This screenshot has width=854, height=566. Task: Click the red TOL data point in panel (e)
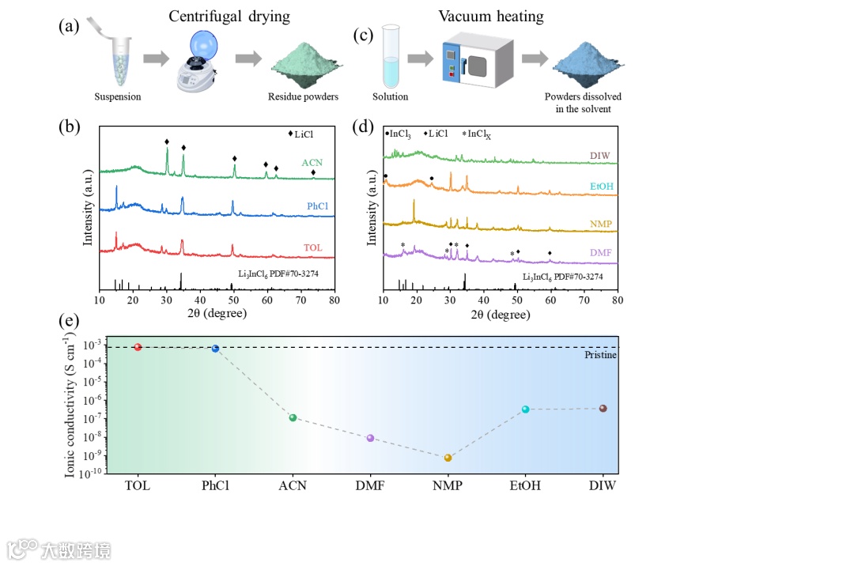[138, 347]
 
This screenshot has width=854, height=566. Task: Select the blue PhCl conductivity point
[215, 349]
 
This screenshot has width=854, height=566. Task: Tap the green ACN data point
[293, 417]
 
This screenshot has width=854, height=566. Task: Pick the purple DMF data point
[370, 438]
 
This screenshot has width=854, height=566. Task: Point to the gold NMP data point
[448, 458]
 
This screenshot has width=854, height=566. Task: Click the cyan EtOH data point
[525, 409]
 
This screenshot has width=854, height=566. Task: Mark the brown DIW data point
[603, 409]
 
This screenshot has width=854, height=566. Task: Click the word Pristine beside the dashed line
[600, 356]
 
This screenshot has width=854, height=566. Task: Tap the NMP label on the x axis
[448, 485]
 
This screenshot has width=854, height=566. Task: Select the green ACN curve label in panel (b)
[312, 163]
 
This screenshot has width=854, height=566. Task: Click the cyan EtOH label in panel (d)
[601, 187]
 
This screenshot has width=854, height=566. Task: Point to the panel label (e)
[69, 322]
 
